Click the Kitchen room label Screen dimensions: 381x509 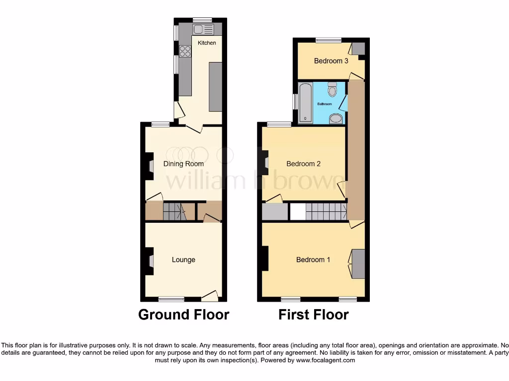pyautogui.click(x=207, y=43)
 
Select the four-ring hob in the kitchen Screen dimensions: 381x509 pyautogui.click(x=185, y=51)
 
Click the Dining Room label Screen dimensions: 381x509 pyautogui.click(x=183, y=164)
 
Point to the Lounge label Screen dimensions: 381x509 pyautogui.click(x=183, y=259)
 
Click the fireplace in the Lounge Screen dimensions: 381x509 pyautogui.click(x=150, y=260)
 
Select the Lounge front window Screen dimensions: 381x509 pyautogui.click(x=171, y=299)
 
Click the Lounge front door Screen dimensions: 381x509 pyautogui.click(x=210, y=296)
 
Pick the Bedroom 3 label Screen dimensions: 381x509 pyautogui.click(x=331, y=61)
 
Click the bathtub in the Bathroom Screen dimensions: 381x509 pyautogui.click(x=305, y=103)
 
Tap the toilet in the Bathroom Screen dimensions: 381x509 pyautogui.click(x=333, y=89)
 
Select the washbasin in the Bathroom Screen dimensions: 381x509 pyautogui.click(x=336, y=118)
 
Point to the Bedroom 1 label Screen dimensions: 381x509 pyautogui.click(x=313, y=259)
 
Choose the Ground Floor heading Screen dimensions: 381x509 pyautogui.click(x=183, y=315)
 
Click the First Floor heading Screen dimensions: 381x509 pyautogui.click(x=313, y=315)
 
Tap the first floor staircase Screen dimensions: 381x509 pyautogui.click(x=326, y=212)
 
